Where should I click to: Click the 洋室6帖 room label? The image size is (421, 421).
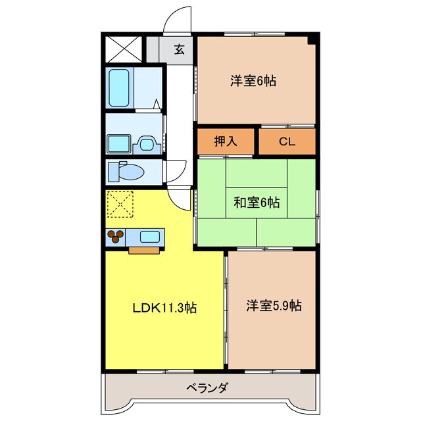pyautogui.click(x=253, y=82)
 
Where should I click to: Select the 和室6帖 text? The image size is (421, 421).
pyautogui.click(x=256, y=203)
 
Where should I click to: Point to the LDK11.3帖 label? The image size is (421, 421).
pyautogui.click(x=164, y=307)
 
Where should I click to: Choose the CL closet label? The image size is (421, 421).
pyautogui.click(x=286, y=141)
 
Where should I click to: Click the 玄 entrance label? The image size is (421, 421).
pyautogui.click(x=178, y=48)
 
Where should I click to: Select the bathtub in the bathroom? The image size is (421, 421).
pyautogui.click(x=120, y=89)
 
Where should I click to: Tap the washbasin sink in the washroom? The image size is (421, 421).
pyautogui.click(x=146, y=142)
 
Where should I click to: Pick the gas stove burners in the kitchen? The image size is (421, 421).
pyautogui.click(x=116, y=237)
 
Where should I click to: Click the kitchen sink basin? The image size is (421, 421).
pyautogui.click(x=151, y=236)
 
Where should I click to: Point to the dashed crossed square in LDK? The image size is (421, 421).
pyautogui.click(x=120, y=205)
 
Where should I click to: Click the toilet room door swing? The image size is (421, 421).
pyautogui.click(x=174, y=172)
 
